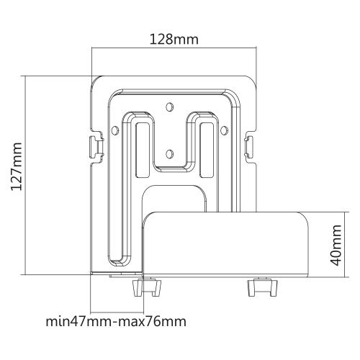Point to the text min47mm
point(76,321)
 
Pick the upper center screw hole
point(170,108)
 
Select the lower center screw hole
point(170,152)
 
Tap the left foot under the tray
point(145,287)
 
